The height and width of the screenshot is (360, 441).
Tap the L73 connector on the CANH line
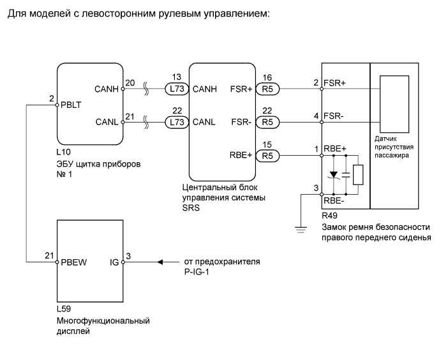pos(176,89)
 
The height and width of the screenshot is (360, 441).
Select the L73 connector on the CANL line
pos(176,121)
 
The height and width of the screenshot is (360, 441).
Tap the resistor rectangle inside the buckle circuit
pos(358,174)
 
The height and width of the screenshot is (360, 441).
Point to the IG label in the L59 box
pos(114,262)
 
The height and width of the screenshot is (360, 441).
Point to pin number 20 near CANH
pos(130,83)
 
